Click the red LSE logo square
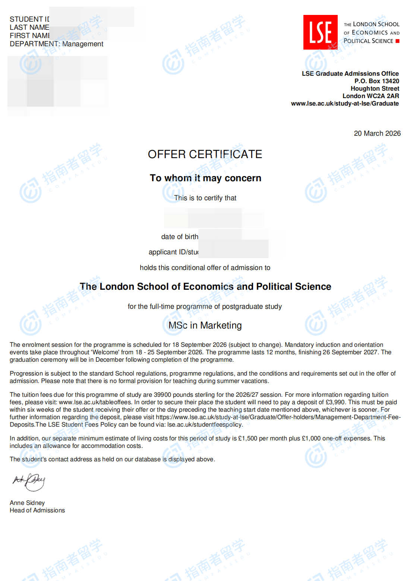[320, 32]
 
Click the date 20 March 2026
[377, 134]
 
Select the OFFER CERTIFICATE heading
[205, 154]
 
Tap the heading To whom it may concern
[205, 178]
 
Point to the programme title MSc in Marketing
[205, 326]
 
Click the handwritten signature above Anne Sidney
[29, 482]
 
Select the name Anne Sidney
[27, 503]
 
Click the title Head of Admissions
[37, 510]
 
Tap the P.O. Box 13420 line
[376, 81]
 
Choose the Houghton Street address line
[375, 88]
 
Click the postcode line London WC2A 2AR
[370, 96]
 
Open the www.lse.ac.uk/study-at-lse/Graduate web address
[345, 103]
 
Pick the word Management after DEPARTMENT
[83, 44]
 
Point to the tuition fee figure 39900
[163, 395]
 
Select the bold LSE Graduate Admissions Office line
[350, 73]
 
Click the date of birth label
[180, 237]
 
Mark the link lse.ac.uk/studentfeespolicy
[205, 424]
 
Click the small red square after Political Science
[397, 41]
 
